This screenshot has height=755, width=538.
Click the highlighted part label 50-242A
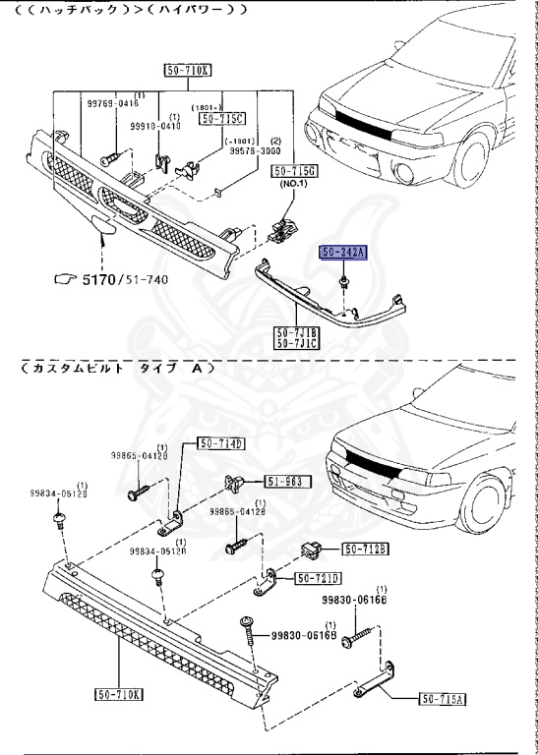342,253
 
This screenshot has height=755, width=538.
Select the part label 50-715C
221,119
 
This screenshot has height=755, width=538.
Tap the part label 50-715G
294,171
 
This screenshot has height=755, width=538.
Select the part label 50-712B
365,548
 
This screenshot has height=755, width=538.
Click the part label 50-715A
444,699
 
